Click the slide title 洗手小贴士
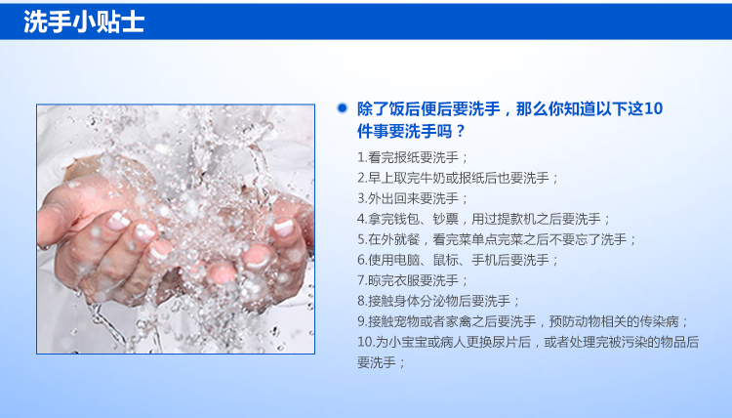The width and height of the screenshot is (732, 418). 84,21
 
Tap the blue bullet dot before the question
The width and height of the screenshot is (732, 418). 343,108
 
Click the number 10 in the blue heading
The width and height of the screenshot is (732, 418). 653,108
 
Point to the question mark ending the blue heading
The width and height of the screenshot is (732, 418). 461,132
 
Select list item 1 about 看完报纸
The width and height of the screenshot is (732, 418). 412,157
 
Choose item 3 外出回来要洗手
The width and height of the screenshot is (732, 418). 412,198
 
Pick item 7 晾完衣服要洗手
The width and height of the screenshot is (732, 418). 412,280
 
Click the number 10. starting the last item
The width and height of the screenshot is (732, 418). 366,343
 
